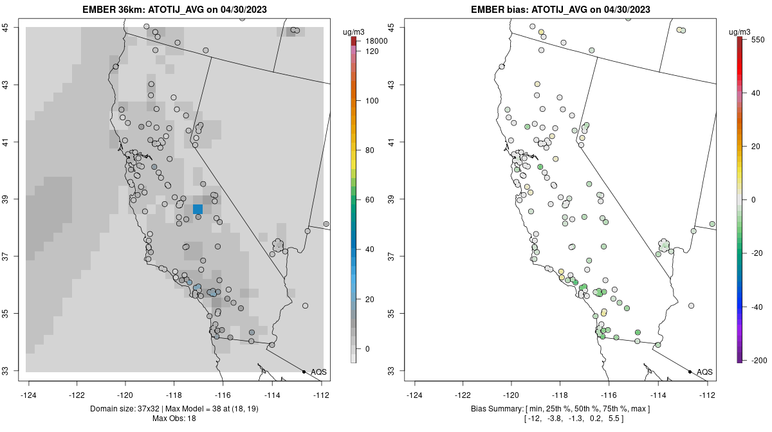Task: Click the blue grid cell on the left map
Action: tap(198, 209)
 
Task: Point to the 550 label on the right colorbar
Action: tap(757, 39)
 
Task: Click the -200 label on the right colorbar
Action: tap(758, 359)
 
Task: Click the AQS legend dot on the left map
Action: tap(304, 372)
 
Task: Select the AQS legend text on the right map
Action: tap(704, 372)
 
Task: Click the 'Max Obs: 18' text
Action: tap(174, 419)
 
